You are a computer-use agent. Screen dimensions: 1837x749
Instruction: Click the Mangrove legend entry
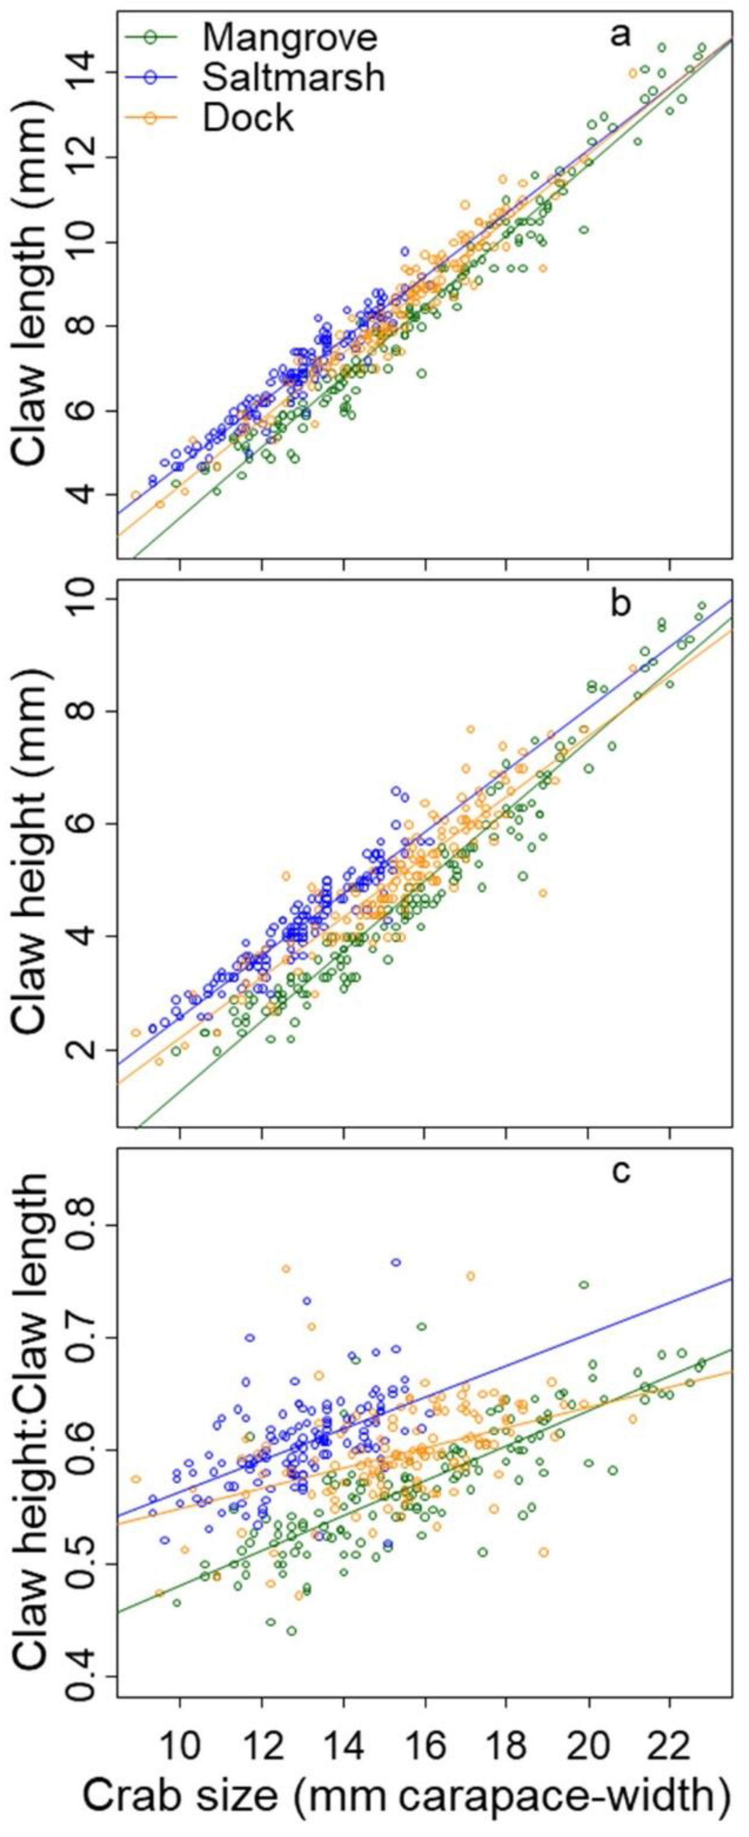[289, 37]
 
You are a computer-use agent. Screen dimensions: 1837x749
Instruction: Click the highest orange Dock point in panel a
[632, 73]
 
